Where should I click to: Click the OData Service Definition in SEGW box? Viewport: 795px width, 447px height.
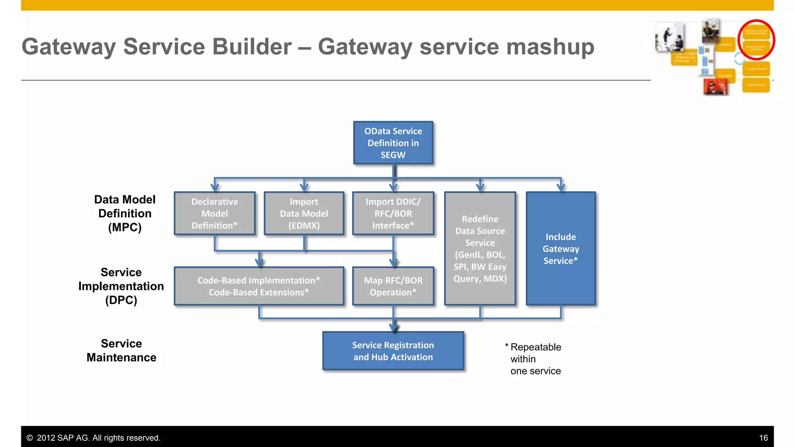[393, 143]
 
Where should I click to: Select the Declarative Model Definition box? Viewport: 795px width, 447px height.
[215, 213]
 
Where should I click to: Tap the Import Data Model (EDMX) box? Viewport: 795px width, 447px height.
[304, 213]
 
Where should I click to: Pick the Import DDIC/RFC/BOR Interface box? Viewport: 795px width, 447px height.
[393, 213]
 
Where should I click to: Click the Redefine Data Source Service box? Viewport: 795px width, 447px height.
[480, 248]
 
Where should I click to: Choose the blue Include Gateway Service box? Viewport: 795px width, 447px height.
[561, 248]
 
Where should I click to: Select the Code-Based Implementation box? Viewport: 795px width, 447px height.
[259, 286]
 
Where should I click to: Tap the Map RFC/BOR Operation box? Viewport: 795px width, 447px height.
[393, 286]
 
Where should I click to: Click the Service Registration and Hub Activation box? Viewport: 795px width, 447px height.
[393, 351]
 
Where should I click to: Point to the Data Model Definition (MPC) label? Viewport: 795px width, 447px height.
[125, 213]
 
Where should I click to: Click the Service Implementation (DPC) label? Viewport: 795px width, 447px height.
[121, 286]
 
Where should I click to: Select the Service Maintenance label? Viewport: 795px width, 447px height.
[121, 350]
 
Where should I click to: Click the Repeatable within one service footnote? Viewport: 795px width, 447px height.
[535, 359]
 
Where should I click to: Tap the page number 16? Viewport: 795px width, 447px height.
[763, 438]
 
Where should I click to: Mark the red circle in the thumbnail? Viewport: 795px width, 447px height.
[756, 40]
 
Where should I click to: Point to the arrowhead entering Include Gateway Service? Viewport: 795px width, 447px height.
[561, 187]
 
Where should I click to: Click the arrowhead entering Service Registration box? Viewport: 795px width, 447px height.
[394, 328]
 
